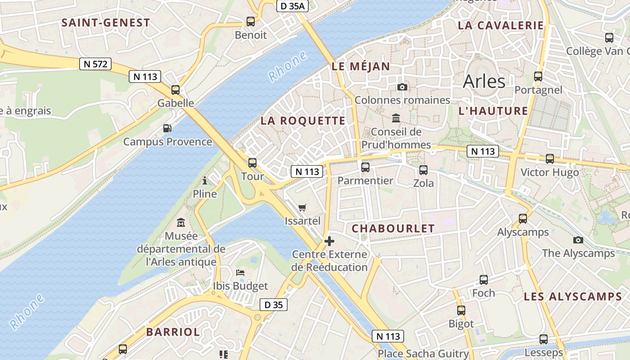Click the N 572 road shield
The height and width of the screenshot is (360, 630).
(95, 64)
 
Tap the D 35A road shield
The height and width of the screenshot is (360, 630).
(292, 6)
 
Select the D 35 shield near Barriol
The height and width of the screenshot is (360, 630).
(273, 305)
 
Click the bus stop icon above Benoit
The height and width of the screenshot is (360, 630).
(251, 21)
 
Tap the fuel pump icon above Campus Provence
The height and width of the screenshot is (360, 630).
(167, 128)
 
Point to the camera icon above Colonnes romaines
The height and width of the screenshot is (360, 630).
(402, 87)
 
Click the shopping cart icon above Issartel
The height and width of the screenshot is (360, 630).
(302, 207)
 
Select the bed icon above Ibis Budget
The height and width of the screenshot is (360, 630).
(240, 273)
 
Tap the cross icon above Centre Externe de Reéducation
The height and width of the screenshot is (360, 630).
(329, 241)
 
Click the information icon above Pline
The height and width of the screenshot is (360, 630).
(205, 181)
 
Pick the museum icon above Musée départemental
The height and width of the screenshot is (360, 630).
(181, 222)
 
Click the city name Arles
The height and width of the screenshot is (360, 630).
(484, 81)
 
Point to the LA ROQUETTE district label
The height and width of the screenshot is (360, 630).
(303, 121)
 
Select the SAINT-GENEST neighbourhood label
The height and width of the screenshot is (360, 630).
(106, 22)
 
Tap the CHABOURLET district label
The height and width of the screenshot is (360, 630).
(393, 229)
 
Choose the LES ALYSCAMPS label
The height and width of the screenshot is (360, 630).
(573, 297)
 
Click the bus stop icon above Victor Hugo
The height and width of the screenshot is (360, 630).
(549, 158)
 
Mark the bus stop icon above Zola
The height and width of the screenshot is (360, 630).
(423, 170)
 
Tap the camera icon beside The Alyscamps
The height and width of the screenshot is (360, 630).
(578, 240)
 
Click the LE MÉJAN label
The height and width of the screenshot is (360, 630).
(361, 67)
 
